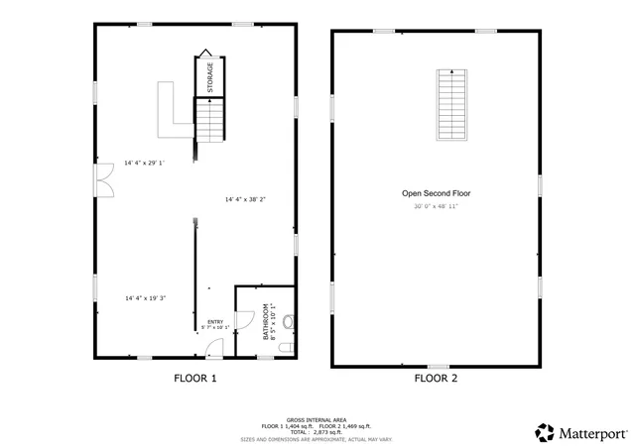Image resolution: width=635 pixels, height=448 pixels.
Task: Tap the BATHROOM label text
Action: click(x=266, y=322)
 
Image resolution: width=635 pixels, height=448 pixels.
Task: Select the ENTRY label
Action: click(x=215, y=321)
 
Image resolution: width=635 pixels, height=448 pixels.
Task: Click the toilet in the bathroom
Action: click(x=288, y=321)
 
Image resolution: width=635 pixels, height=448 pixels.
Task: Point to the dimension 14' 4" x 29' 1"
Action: click(x=145, y=163)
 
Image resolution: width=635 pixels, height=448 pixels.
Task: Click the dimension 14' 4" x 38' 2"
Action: click(x=245, y=199)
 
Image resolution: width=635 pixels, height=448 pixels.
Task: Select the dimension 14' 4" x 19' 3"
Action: click(x=145, y=297)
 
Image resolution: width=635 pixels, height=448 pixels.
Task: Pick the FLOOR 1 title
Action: click(x=195, y=378)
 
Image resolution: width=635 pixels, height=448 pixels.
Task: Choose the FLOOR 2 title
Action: click(x=436, y=378)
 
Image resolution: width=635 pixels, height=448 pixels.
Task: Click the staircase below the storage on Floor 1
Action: click(x=209, y=120)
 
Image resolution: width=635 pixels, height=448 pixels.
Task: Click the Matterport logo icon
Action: click(x=545, y=432)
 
